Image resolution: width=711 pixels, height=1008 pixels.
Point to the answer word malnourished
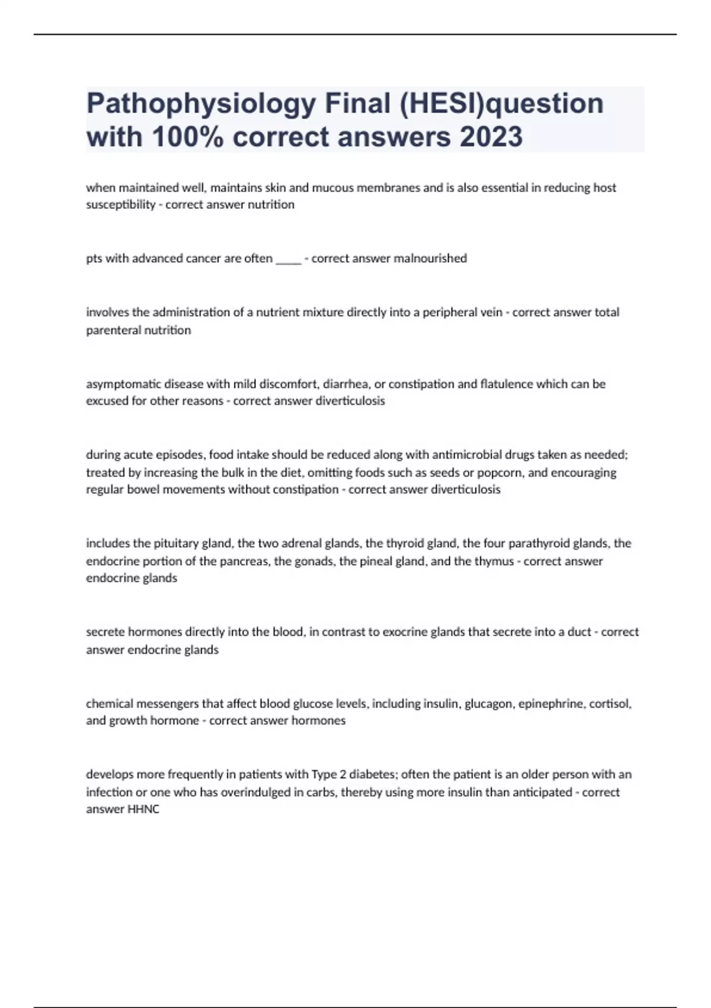[x=430, y=259]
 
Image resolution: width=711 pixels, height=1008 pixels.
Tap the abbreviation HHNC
[x=143, y=809]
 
